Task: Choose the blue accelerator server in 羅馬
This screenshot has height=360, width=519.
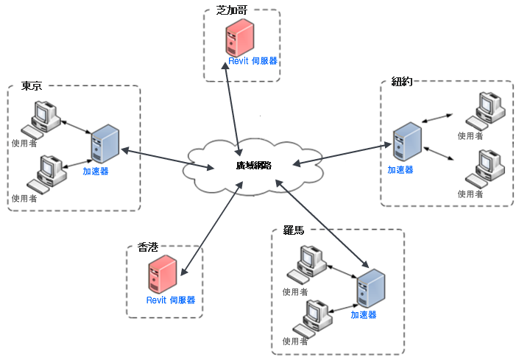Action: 370,289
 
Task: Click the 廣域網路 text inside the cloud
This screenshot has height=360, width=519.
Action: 254,166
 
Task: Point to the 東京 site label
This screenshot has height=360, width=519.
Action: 32,86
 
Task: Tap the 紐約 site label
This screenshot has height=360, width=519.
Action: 401,81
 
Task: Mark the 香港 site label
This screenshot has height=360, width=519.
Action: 147,248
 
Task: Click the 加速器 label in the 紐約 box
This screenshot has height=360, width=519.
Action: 400,169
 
